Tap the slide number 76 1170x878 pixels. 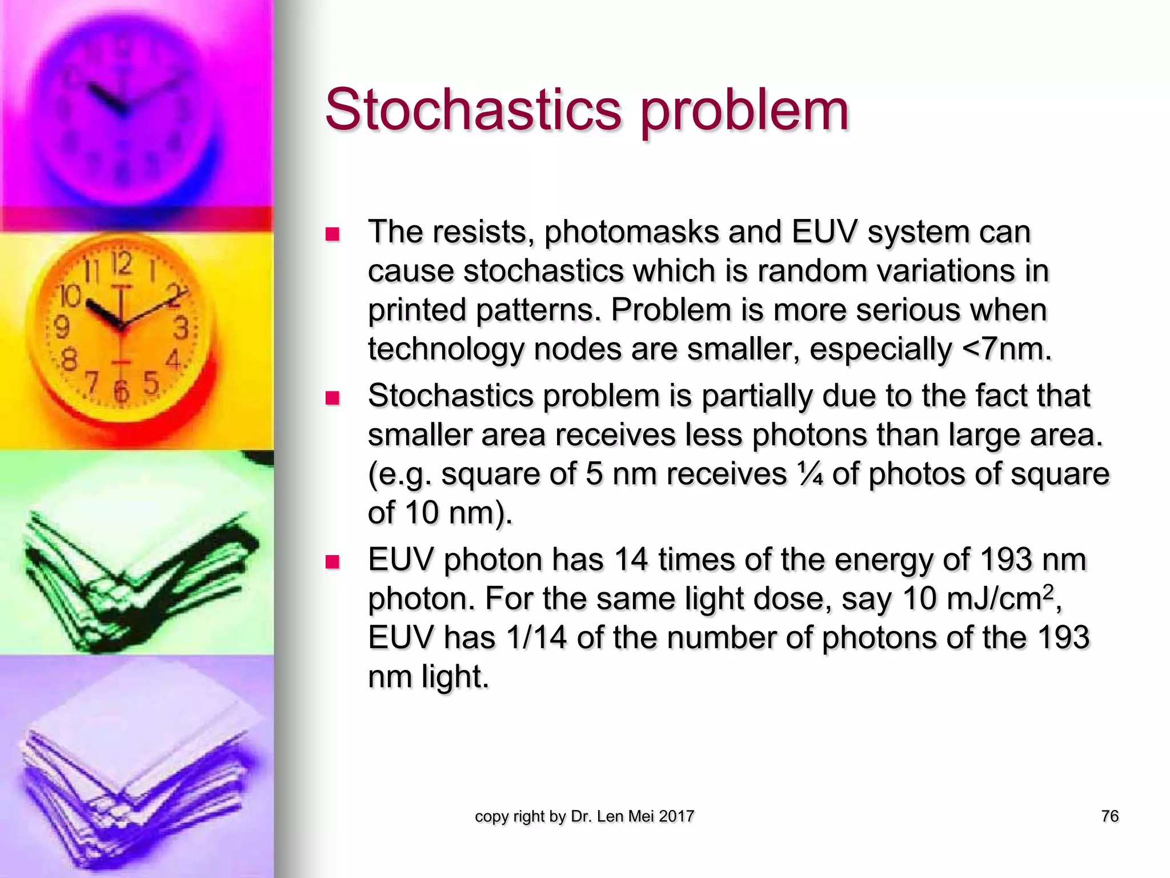pos(1109,816)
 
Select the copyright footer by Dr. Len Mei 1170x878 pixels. pos(584,816)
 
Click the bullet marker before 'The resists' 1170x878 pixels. pos(332,234)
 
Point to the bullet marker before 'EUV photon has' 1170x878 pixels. pos(332,561)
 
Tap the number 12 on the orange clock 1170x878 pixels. pos(122,264)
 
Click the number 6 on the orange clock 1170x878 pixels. pos(121,391)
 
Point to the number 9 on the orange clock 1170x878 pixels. pos(61,327)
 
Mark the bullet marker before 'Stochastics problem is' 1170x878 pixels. pos(332,398)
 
